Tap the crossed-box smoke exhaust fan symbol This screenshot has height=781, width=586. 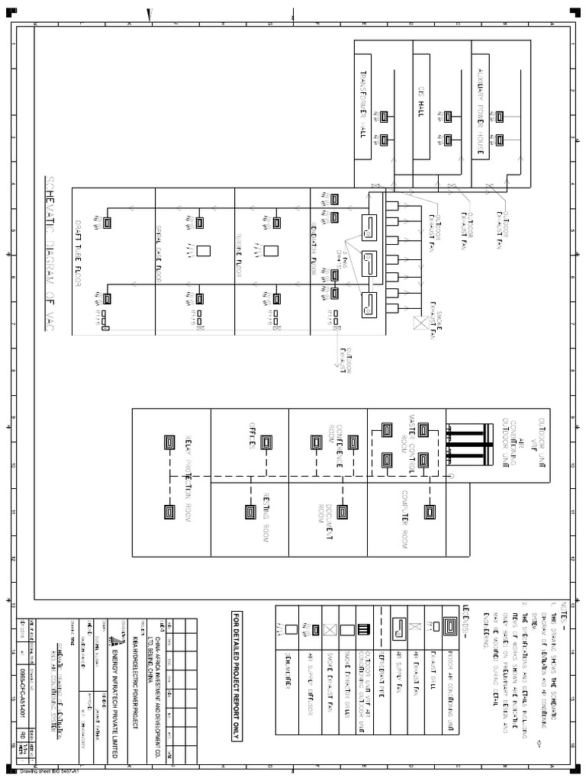(x=419, y=323)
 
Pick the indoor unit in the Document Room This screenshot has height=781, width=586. (x=342, y=511)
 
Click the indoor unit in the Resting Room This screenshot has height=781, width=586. (x=250, y=511)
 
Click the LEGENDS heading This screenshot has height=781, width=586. (x=465, y=613)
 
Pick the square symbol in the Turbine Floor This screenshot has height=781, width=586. (x=269, y=250)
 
